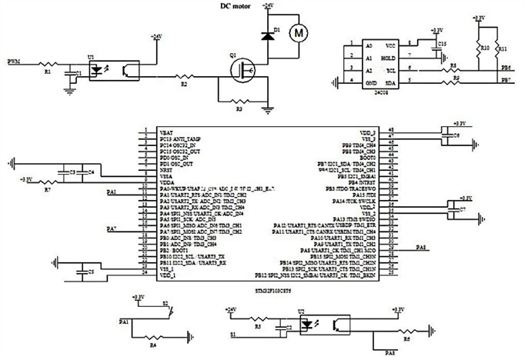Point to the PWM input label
point(14,60)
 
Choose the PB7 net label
point(505,79)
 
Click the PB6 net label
point(505,68)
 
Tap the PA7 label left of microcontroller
point(111,229)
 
